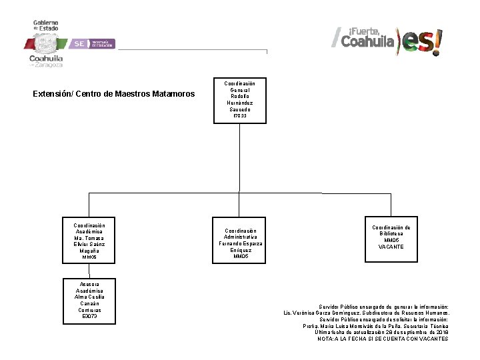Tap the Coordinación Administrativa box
click(x=239, y=240)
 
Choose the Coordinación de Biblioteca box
click(x=391, y=237)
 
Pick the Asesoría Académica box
click(x=89, y=300)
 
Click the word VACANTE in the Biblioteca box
click(x=391, y=247)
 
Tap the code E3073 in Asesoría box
click(x=89, y=316)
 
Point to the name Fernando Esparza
click(x=239, y=243)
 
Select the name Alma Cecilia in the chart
click(x=89, y=295)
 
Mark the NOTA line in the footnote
click(x=383, y=339)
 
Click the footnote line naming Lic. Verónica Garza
click(x=366, y=313)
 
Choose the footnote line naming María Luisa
click(x=375, y=326)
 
